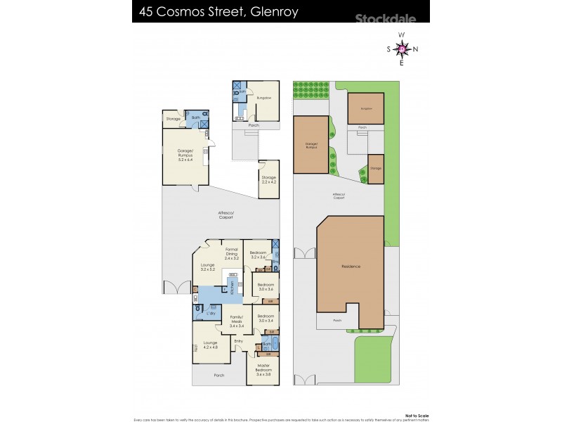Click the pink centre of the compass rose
coord(401,49)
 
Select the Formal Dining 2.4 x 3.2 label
coord(232,254)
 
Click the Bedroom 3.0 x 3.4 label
coord(266,318)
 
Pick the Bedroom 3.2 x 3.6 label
coord(258,255)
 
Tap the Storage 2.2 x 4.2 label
coord(269,179)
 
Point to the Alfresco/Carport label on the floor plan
coord(224,215)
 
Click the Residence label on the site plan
coord(351,267)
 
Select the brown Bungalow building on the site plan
coord(365,108)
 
